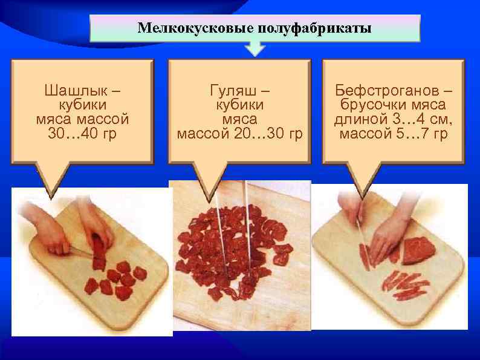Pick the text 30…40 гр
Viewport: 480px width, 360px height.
tap(82, 133)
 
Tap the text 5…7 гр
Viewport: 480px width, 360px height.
tap(424, 133)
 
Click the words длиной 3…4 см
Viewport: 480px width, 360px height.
tap(394, 119)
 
